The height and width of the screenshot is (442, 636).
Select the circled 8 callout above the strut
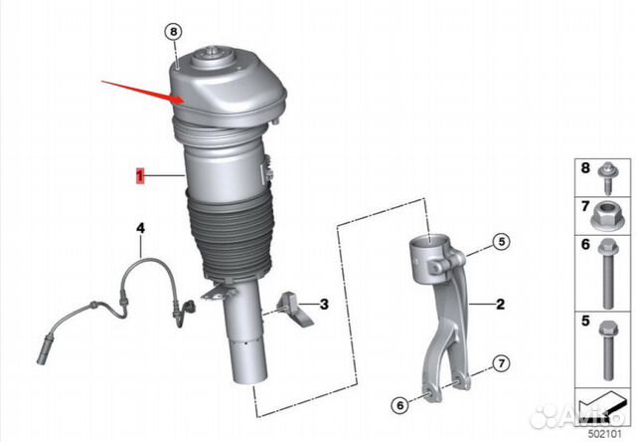coord(175,31)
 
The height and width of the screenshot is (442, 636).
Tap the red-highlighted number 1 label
coord(141,176)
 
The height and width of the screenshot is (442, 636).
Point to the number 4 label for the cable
coord(141,229)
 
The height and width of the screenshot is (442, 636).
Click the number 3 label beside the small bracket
coord(324,303)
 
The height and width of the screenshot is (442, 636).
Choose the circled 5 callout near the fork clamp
coord(501,241)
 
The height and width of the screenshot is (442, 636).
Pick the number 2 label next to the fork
coord(501,303)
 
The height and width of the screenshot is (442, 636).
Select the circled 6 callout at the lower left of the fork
coord(397,405)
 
